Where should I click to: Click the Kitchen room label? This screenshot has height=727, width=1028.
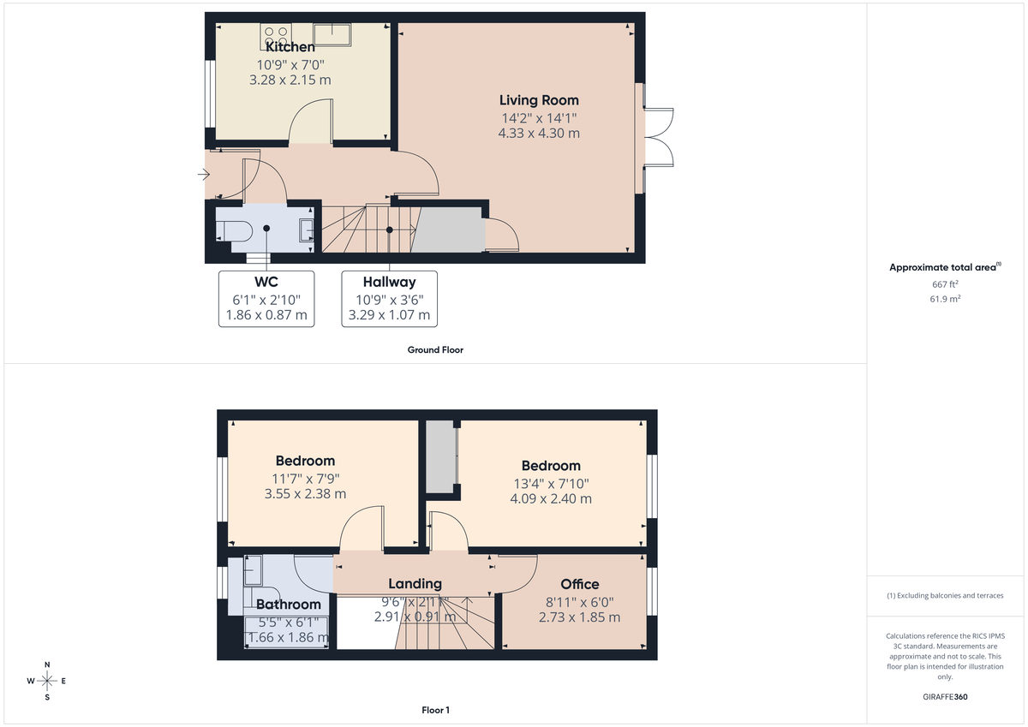(290, 48)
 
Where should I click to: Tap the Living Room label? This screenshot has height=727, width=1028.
(539, 100)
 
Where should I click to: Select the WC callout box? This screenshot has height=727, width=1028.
(266, 299)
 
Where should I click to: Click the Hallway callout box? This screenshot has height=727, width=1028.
(389, 299)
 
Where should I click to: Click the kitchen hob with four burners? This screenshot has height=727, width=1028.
(275, 36)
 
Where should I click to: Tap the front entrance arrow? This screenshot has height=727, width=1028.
(203, 175)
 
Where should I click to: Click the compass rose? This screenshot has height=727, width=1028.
(47, 681)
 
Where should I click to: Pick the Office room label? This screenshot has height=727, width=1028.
(580, 585)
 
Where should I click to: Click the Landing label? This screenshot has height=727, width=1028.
(415, 584)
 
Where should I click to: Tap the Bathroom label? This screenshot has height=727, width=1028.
(289, 605)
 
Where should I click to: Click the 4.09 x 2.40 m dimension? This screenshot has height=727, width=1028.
(551, 498)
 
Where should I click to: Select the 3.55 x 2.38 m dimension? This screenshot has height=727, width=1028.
(305, 493)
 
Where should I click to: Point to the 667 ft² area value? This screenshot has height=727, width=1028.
(945, 284)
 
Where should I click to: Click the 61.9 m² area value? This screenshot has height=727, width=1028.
(945, 299)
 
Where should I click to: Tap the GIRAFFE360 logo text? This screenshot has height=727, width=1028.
(945, 697)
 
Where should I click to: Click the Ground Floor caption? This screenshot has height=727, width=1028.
(435, 349)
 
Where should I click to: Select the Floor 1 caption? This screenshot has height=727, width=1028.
(435, 710)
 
